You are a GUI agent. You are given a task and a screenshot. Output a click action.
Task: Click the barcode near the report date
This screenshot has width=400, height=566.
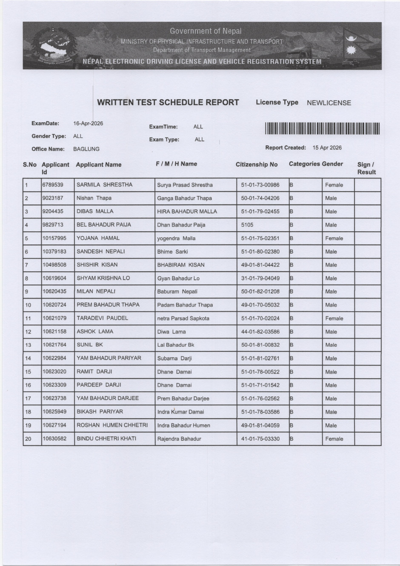point(322,129)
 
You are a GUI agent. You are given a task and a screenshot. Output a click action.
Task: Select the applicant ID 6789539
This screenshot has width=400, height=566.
point(53,185)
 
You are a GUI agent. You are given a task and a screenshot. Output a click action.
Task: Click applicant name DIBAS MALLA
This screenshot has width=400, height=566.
point(95,211)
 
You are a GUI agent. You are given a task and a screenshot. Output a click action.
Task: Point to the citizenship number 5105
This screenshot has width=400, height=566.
point(247,225)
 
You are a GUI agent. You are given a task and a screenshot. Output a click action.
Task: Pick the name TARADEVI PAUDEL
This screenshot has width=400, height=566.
point(102,318)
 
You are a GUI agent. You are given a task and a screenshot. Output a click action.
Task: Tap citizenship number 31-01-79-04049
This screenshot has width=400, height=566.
point(260,278)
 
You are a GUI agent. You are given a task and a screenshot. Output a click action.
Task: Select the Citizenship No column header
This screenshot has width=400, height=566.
point(257,164)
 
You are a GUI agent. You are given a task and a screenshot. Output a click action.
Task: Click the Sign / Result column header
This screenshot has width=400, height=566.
point(366,168)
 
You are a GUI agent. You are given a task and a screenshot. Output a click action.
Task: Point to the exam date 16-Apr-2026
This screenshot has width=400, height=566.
point(88,124)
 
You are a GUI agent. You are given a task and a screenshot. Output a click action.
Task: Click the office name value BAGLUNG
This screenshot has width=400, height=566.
point(86,149)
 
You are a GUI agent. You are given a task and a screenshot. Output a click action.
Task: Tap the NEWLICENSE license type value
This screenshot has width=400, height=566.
point(329,103)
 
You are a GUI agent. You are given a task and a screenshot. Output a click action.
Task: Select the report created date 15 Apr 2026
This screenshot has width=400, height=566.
point(327,148)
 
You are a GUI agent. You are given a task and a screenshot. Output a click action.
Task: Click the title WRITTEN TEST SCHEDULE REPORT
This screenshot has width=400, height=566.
point(168,102)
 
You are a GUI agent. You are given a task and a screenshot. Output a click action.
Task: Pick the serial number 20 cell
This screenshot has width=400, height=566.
point(28,439)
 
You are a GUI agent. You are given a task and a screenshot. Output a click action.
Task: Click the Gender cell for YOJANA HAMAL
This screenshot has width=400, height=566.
point(334,238)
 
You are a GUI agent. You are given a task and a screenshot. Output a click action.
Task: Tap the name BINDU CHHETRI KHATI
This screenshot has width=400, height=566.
point(106,438)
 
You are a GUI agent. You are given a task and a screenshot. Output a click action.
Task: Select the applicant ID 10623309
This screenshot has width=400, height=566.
point(54,385)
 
